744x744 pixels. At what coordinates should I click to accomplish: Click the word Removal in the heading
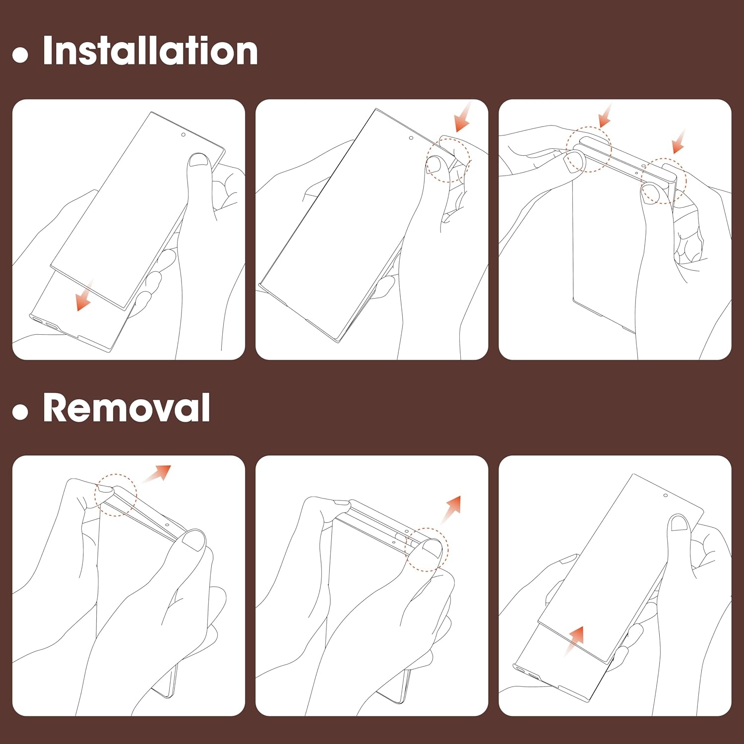pos(126,407)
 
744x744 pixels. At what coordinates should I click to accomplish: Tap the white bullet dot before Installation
pos(20,55)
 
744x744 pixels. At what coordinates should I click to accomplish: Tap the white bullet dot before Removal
pos(20,412)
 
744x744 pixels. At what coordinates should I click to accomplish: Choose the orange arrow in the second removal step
pos(451,510)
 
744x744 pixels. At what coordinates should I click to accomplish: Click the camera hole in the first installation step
pos(184,135)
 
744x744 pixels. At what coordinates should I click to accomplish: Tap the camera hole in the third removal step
pos(666,495)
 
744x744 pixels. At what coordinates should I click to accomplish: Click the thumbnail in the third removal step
pos(679,522)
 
